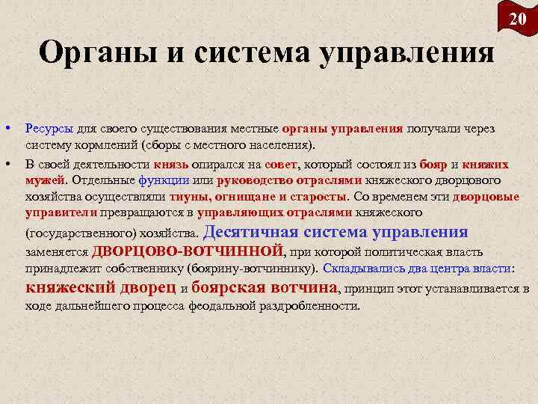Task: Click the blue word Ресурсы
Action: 49,129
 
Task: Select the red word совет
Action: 281,164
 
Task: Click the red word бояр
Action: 434,164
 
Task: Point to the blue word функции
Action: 163,180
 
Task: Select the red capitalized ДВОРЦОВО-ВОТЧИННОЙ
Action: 188,250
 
